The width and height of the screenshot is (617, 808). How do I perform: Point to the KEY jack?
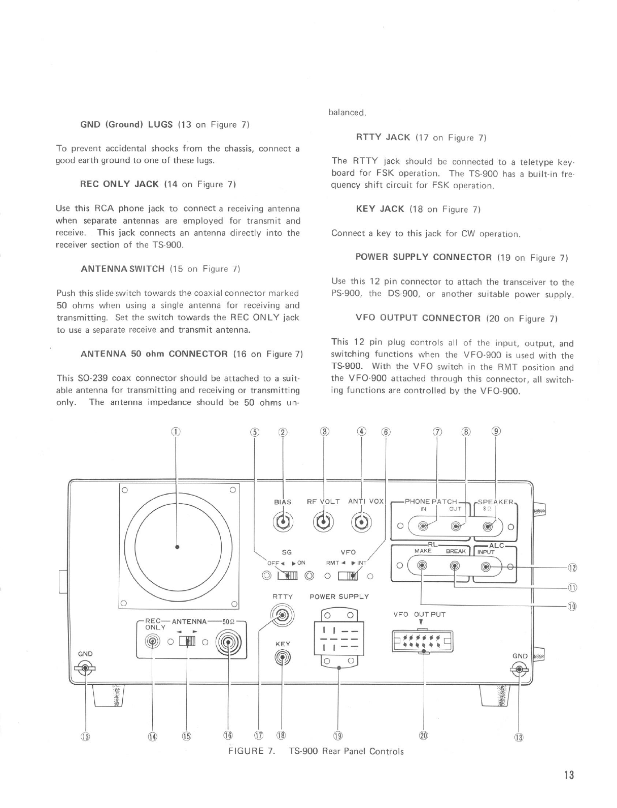pyautogui.click(x=283, y=658)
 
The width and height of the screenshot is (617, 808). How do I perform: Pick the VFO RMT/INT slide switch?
pyautogui.click(x=348, y=576)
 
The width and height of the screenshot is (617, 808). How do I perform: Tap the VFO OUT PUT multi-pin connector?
pyautogui.click(x=423, y=642)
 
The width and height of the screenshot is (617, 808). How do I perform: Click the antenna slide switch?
pyautogui.click(x=188, y=642)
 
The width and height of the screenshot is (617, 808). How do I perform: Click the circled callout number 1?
pyautogui.click(x=175, y=432)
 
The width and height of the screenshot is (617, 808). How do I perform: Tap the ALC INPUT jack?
pyautogui.click(x=487, y=566)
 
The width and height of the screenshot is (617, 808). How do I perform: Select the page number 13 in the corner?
pyautogui.click(x=568, y=775)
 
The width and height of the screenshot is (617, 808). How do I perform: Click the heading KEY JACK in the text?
pyautogui.click(x=381, y=209)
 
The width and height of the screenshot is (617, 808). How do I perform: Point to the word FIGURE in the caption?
pyautogui.click(x=248, y=751)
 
